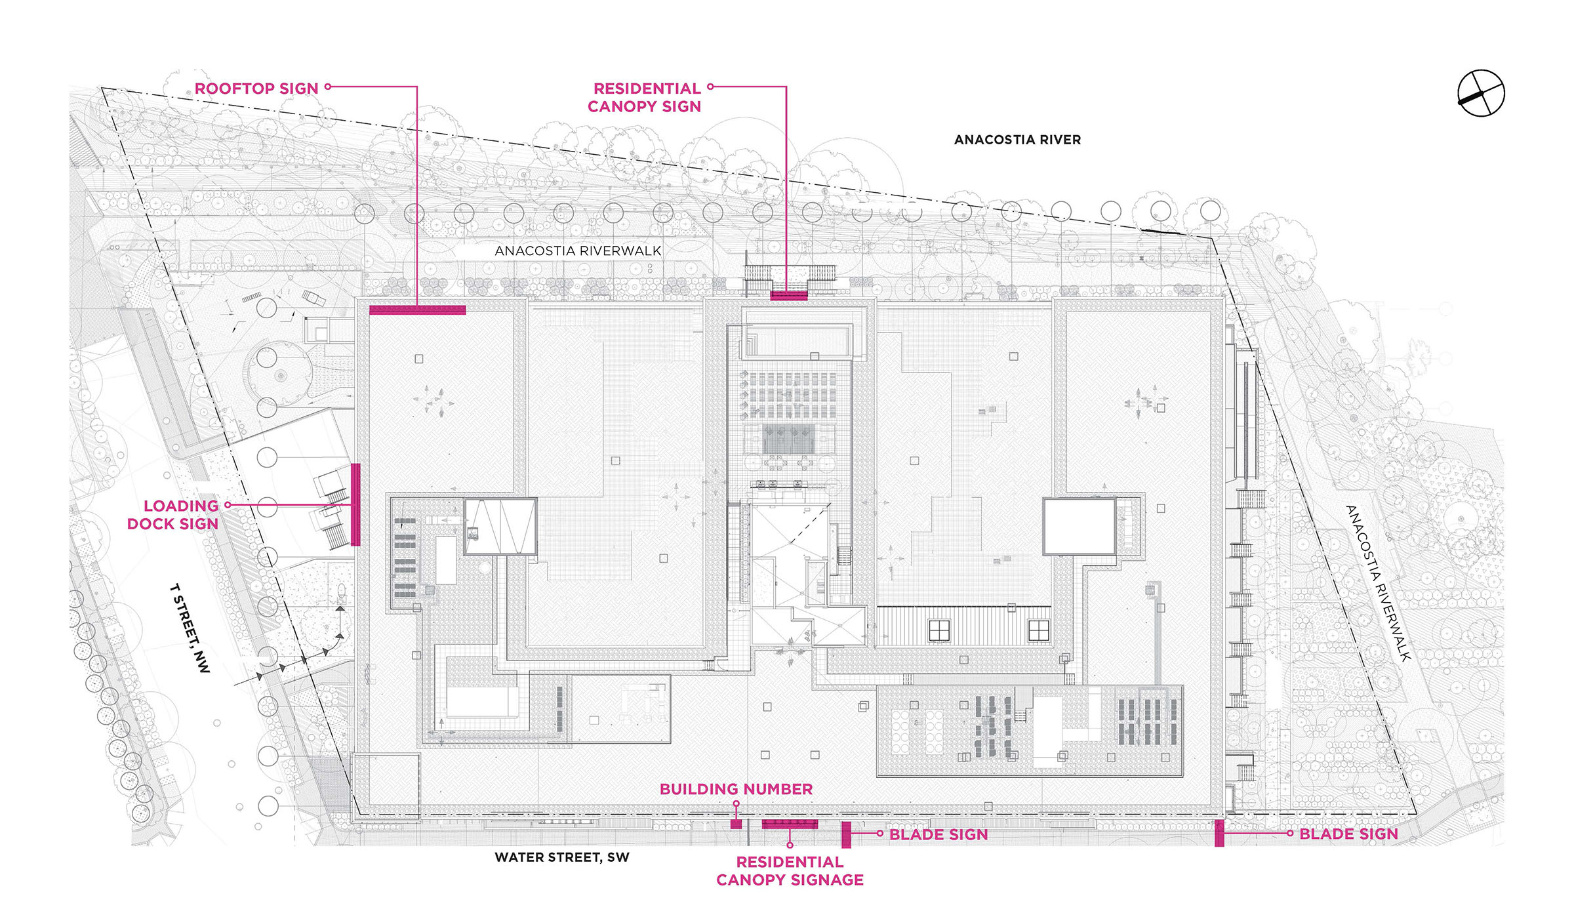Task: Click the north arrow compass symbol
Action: pos(1480,93)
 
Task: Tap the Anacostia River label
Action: pos(1017,140)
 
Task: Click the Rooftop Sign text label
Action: pos(256,89)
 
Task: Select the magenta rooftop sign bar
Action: pos(417,310)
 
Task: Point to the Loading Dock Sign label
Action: pos(173,515)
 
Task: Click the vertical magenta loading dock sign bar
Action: pos(355,504)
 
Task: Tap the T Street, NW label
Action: pos(190,628)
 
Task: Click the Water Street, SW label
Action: pos(561,857)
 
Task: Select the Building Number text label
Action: pos(736,789)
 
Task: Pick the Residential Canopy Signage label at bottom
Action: pos(790,871)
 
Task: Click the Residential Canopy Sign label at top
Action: pos(645,97)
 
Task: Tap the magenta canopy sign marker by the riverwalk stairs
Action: pos(788,296)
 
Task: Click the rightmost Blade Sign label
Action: pos(1348,834)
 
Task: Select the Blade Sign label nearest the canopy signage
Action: pos(938,834)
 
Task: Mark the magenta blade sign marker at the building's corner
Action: pos(1219,834)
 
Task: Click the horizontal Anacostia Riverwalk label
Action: pos(578,251)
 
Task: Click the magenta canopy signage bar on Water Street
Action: pos(790,824)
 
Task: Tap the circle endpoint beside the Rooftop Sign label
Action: pos(328,87)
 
